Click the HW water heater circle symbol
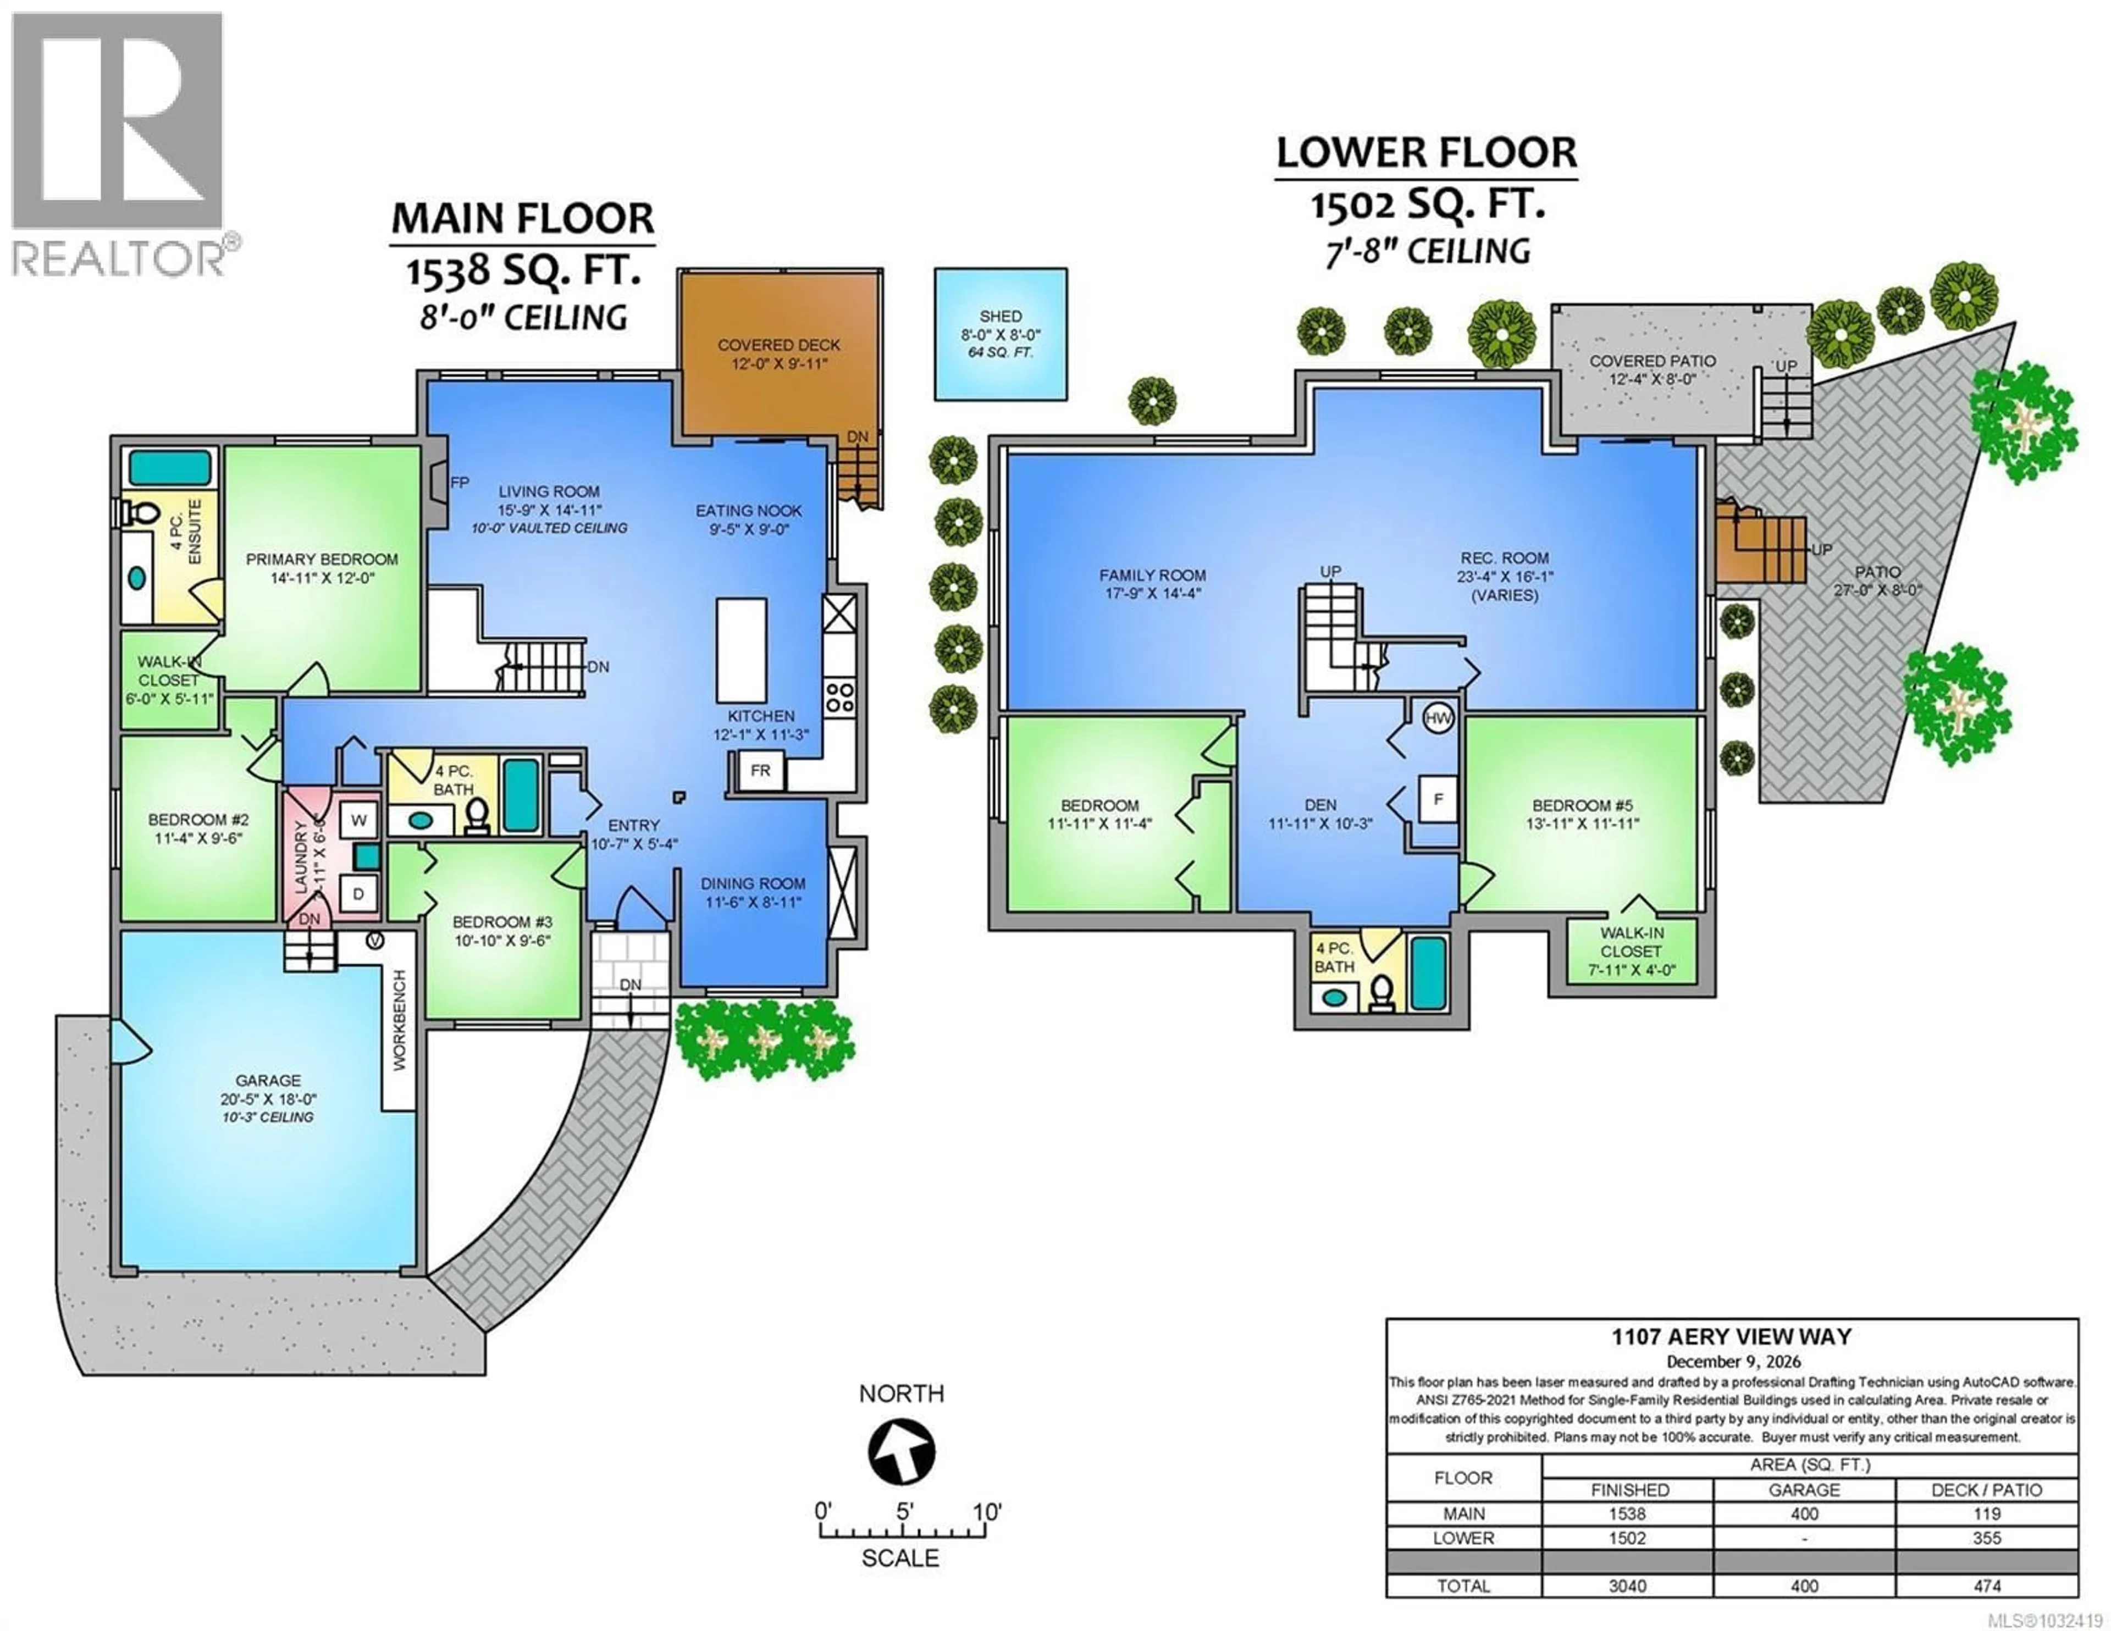pyautogui.click(x=1438, y=718)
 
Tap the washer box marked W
pyautogui.click(x=358, y=821)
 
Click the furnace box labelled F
pyautogui.click(x=1438, y=799)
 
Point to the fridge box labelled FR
pyautogui.click(x=760, y=771)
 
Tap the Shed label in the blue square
pyautogui.click(x=1001, y=316)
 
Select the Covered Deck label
pyautogui.click(x=778, y=345)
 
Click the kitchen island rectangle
pyautogui.click(x=742, y=651)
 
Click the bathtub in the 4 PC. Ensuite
pyautogui.click(x=170, y=468)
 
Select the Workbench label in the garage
pyautogui.click(x=399, y=1019)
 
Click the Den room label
pyautogui.click(x=1320, y=804)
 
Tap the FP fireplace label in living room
pyautogui.click(x=459, y=483)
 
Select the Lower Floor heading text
pyautogui.click(x=1425, y=153)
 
